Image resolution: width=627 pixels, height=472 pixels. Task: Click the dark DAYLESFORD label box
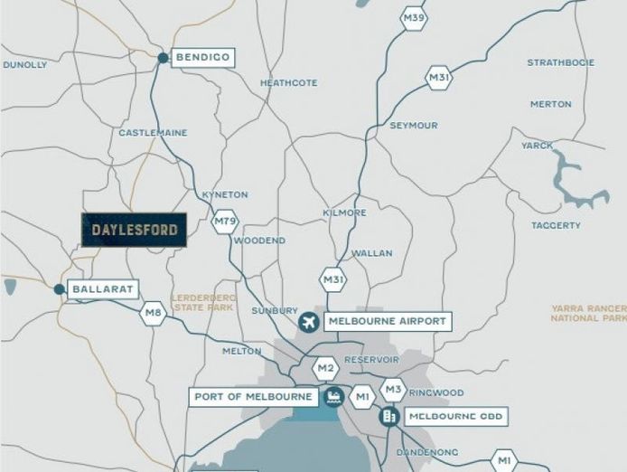click(134, 231)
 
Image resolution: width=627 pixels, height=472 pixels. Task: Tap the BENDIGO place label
click(202, 57)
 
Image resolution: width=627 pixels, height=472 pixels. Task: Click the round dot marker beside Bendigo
click(163, 58)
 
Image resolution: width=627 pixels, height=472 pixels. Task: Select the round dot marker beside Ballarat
click(59, 289)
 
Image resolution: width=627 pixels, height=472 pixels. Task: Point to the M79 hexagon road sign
click(225, 221)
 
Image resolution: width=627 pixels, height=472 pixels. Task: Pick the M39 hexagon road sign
click(414, 17)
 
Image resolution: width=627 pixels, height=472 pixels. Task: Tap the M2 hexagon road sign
click(325, 368)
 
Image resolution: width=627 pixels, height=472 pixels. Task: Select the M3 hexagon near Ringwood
click(392, 390)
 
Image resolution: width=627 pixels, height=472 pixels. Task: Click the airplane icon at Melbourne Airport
click(310, 322)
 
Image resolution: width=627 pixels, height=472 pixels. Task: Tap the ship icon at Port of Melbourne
click(334, 396)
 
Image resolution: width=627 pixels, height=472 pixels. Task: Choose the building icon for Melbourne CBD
click(390, 417)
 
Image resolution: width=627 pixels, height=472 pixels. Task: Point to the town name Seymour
click(414, 125)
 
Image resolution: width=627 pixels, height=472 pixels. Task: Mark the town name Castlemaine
click(153, 133)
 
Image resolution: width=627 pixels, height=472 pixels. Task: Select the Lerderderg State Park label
click(203, 302)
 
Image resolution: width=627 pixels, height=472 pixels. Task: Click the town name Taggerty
click(556, 225)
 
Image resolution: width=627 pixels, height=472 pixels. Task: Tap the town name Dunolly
click(24, 65)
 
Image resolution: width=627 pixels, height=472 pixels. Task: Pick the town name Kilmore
click(344, 212)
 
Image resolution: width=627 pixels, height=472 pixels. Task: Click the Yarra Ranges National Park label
click(588, 313)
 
